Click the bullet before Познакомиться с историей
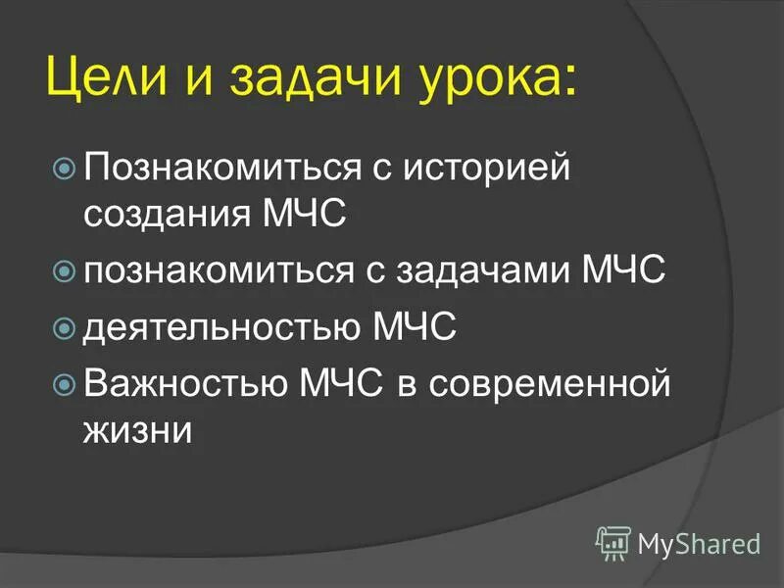pos(66,169)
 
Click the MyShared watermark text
pos(699,542)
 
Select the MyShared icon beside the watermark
pos(613,541)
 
